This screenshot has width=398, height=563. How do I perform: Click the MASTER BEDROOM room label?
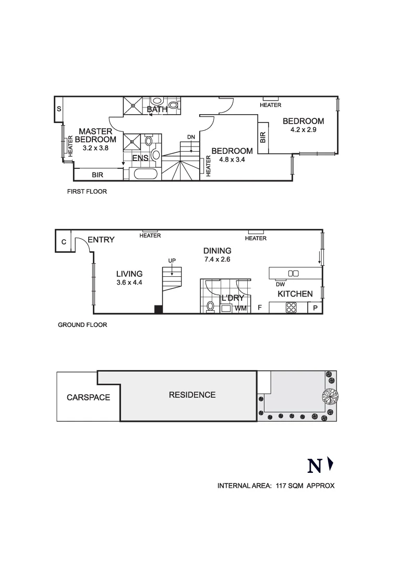(x=95, y=136)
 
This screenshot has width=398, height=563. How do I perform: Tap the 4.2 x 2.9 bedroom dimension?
(x=304, y=130)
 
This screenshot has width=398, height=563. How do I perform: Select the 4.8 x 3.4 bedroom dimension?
(x=232, y=160)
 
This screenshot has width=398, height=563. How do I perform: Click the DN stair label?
(x=191, y=137)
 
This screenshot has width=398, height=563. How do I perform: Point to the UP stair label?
(x=171, y=260)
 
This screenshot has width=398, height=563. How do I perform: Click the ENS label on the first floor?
(x=140, y=158)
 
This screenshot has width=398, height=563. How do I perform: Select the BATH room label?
(x=157, y=109)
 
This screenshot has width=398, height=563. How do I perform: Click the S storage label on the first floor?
(x=59, y=109)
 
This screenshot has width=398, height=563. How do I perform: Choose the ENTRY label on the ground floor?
(x=101, y=240)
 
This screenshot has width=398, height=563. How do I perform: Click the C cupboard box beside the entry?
(x=64, y=242)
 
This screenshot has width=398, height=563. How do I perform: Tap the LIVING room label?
(x=129, y=274)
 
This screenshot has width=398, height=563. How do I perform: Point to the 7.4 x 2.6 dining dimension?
(x=218, y=259)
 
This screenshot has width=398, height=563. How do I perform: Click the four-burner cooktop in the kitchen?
(x=291, y=308)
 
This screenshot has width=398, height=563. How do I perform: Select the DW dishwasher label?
(x=280, y=285)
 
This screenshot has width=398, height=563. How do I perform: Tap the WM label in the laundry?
(x=240, y=309)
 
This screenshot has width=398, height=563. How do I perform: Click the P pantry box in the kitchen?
(x=316, y=308)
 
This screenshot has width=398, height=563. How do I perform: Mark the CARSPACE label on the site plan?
(x=88, y=397)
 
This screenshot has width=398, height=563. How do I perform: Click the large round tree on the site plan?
(x=330, y=397)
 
